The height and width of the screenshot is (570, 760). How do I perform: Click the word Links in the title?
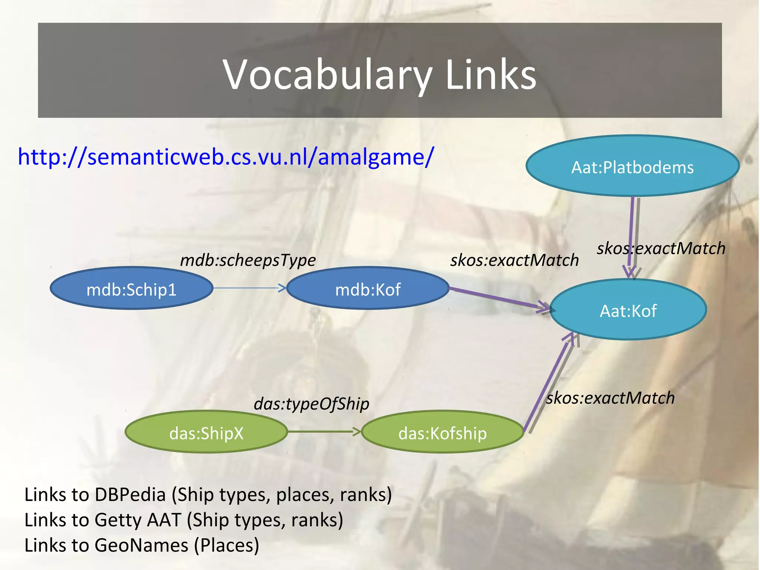point(491,75)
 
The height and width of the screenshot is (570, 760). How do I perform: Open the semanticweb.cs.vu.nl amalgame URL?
point(226,157)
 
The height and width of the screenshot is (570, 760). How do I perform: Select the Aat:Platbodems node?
point(632,167)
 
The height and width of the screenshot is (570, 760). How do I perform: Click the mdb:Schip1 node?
point(131,289)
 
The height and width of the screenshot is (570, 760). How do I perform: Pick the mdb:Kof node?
point(367,289)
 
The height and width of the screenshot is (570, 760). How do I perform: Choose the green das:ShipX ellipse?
point(206,433)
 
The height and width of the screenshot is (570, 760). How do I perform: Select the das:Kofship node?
point(442,433)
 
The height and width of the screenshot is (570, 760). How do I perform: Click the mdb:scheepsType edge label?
point(248,260)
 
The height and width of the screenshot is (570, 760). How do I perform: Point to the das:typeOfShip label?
point(311,404)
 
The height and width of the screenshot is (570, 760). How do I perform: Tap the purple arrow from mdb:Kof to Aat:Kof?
point(497,298)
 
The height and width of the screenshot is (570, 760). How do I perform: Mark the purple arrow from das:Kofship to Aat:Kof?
point(546,382)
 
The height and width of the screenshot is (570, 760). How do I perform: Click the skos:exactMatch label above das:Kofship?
point(610,398)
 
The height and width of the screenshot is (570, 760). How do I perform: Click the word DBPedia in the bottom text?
point(130,495)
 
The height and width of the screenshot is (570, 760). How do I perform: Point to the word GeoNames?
point(141,545)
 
